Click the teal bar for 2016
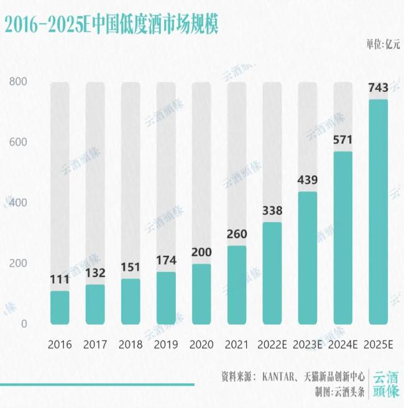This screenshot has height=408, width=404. coord(60,307)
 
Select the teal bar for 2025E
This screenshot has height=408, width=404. coord(379,211)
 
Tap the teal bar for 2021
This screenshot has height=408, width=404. coord(237,285)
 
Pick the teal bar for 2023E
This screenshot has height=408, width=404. coord(308,258)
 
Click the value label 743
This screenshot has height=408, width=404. coord(379,88)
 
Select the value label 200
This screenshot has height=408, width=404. coord(201,253)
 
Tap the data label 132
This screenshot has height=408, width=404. coord(95,273)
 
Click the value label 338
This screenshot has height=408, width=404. coord(272,211)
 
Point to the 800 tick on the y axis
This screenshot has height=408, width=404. coord(19,82)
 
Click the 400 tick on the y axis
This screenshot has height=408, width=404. coord(19,203)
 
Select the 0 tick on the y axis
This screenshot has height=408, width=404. coord(24,324)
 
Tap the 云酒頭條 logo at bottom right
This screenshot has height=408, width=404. coord(385,384)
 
